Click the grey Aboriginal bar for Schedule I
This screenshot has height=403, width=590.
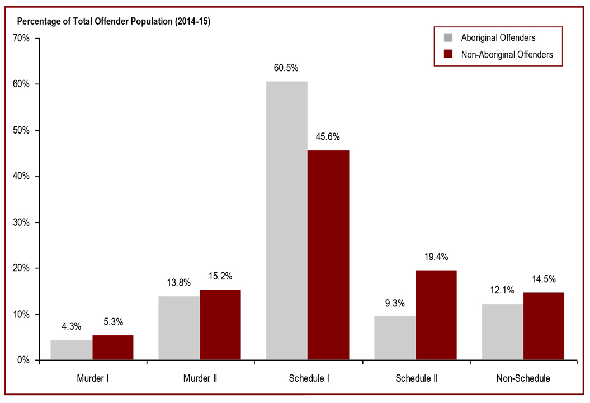286,221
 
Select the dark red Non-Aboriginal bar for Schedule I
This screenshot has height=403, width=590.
328,255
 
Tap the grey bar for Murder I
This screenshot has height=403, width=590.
72,350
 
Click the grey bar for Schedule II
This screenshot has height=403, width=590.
395,338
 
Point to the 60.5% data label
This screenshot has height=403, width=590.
286,68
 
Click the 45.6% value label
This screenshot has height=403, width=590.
328,137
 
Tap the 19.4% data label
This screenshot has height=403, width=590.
436,257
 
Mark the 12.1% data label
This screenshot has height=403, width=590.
502,291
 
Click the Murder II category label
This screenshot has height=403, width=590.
200,378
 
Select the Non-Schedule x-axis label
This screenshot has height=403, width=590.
523,378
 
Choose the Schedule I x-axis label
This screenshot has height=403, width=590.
308,378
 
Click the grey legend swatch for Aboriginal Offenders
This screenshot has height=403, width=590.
448,38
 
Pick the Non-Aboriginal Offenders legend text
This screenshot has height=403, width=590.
507,54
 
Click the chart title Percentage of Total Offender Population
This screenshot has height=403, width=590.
114,21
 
